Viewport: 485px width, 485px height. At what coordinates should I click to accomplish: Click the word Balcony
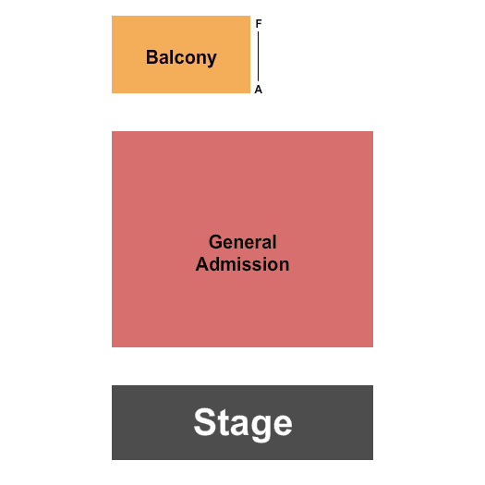pyautogui.click(x=181, y=58)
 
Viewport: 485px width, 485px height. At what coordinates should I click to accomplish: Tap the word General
pyautogui.click(x=242, y=241)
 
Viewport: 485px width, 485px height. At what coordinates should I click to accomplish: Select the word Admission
pyautogui.click(x=242, y=264)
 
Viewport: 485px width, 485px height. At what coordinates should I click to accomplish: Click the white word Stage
pyautogui.click(x=243, y=423)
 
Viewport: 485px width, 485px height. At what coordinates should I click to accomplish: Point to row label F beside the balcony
pyautogui.click(x=259, y=23)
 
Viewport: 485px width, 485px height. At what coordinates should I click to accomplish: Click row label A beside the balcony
pyautogui.click(x=259, y=90)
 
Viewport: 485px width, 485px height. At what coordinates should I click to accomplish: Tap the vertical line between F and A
pyautogui.click(x=259, y=56)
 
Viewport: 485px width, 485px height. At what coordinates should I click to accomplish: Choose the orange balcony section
pyautogui.click(x=181, y=55)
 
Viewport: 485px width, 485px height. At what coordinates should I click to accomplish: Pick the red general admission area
pyautogui.click(x=242, y=239)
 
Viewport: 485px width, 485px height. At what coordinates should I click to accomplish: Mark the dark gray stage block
pyautogui.click(x=242, y=422)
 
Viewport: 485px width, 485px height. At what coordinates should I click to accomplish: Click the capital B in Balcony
pyautogui.click(x=152, y=57)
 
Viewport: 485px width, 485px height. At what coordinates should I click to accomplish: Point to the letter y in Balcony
pyautogui.click(x=212, y=60)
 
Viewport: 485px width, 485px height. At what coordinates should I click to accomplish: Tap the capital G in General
pyautogui.click(x=215, y=242)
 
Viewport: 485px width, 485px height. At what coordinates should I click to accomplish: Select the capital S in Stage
pyautogui.click(x=204, y=422)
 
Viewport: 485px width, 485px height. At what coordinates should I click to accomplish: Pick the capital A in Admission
pyautogui.click(x=202, y=264)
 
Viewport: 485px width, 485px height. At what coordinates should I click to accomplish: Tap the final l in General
pyautogui.click(x=274, y=241)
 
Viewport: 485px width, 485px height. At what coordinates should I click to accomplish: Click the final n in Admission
pyautogui.click(x=285, y=266)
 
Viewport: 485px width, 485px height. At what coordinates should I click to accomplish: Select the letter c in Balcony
pyautogui.click(x=179, y=59)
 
